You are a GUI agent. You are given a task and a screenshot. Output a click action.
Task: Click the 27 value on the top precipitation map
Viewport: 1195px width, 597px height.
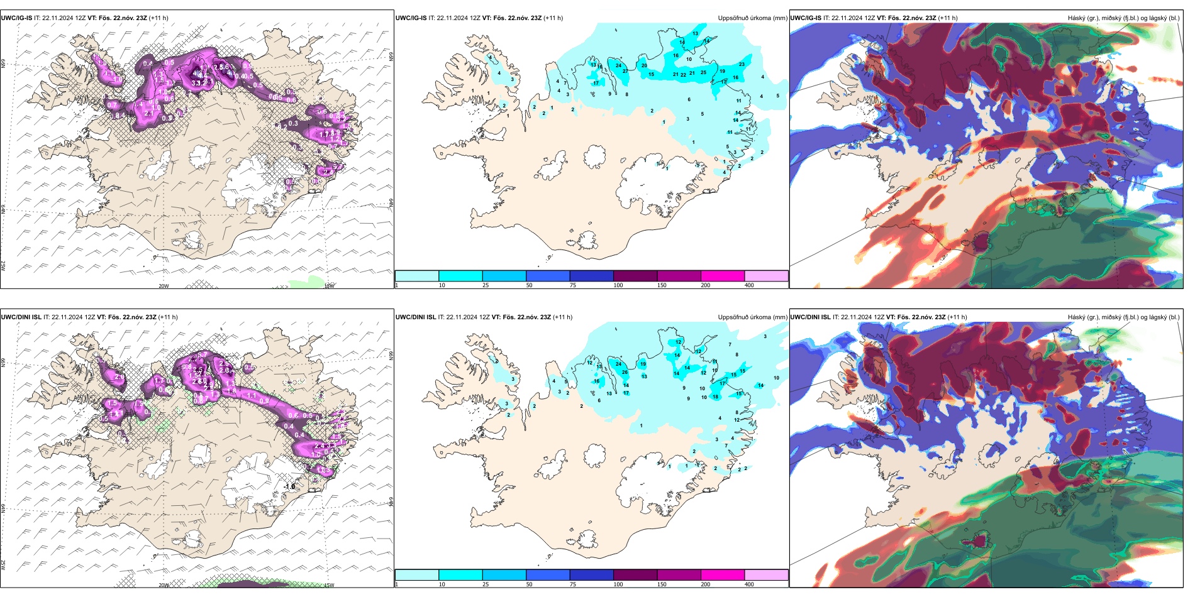[625, 71]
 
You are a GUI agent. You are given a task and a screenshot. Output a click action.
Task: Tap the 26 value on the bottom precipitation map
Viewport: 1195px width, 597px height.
[625, 372]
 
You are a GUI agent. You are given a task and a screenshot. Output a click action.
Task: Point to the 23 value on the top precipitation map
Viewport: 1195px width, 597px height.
[742, 64]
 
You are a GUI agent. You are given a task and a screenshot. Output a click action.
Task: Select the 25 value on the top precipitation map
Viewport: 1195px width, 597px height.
[703, 72]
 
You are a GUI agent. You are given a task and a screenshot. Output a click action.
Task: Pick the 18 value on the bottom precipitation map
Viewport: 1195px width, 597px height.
[715, 397]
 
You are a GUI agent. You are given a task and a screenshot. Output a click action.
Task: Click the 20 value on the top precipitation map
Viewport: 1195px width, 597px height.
[644, 65]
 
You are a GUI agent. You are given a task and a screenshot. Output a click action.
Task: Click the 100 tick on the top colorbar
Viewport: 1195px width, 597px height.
[618, 285]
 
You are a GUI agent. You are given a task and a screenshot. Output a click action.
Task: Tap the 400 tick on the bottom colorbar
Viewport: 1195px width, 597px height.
[749, 584]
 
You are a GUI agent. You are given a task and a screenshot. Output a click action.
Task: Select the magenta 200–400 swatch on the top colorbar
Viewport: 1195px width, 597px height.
[722, 276]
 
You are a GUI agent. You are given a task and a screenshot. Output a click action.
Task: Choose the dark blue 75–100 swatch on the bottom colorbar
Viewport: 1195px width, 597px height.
[591, 575]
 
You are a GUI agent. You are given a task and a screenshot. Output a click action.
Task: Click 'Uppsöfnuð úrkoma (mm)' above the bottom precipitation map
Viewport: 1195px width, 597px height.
[752, 317]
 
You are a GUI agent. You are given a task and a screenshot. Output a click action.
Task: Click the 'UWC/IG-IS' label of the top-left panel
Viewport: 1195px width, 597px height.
[16, 18]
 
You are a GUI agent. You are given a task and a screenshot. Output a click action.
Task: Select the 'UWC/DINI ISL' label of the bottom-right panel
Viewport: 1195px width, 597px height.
[811, 317]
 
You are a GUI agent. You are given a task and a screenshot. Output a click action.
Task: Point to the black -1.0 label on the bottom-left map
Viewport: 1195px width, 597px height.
[289, 486]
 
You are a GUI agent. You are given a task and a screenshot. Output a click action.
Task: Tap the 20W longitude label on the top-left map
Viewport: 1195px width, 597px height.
[164, 286]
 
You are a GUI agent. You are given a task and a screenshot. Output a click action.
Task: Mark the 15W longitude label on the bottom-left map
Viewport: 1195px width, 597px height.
[328, 585]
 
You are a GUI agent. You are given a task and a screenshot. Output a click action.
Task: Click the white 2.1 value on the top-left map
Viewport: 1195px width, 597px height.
[150, 113]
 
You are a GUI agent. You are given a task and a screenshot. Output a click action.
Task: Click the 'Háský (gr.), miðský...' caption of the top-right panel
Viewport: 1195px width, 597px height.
[1123, 18]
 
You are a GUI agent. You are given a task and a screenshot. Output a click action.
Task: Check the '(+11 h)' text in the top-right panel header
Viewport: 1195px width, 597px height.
[947, 18]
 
